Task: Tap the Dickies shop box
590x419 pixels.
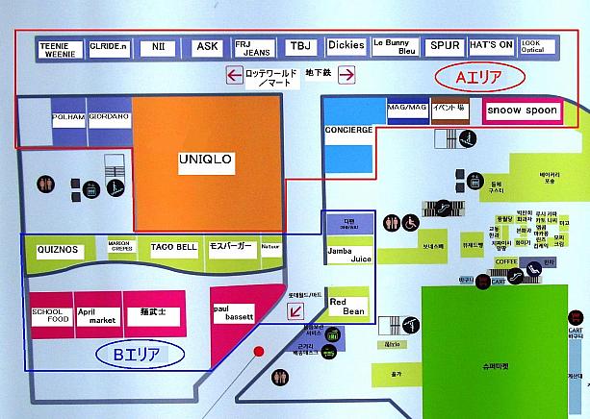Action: [345, 46]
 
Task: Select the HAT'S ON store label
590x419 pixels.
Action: [491, 46]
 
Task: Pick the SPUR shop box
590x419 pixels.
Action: [445, 46]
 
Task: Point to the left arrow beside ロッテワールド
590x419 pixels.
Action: [233, 75]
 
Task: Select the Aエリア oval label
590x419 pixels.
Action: [476, 76]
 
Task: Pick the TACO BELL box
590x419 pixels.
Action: [174, 249]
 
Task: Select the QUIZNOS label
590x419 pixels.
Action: [58, 250]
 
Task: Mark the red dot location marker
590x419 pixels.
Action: [258, 353]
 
